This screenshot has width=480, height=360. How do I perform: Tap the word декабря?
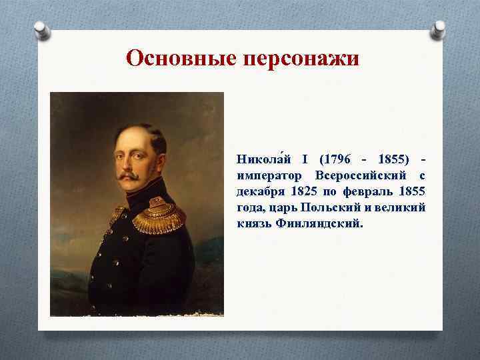click(259, 191)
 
